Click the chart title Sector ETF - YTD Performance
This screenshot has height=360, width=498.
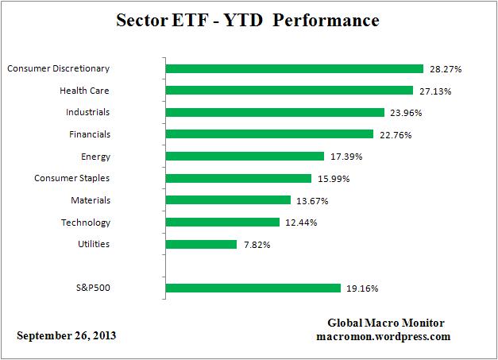click(x=249, y=19)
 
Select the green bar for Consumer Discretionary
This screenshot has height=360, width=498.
click(x=294, y=69)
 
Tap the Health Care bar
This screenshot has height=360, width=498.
click(x=289, y=91)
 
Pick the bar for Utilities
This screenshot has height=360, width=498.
click(x=201, y=244)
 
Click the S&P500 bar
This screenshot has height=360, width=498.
click(x=253, y=288)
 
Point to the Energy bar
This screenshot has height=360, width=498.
click(x=245, y=157)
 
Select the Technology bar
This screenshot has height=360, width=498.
click(x=222, y=223)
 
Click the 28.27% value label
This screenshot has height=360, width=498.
click(x=445, y=69)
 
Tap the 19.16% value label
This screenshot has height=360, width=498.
click(x=362, y=288)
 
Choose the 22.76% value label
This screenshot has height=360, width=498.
click(x=395, y=134)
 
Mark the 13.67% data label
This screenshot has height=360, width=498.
click(x=312, y=200)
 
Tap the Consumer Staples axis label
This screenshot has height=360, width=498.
click(x=71, y=178)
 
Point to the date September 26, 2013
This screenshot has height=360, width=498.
click(x=67, y=335)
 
